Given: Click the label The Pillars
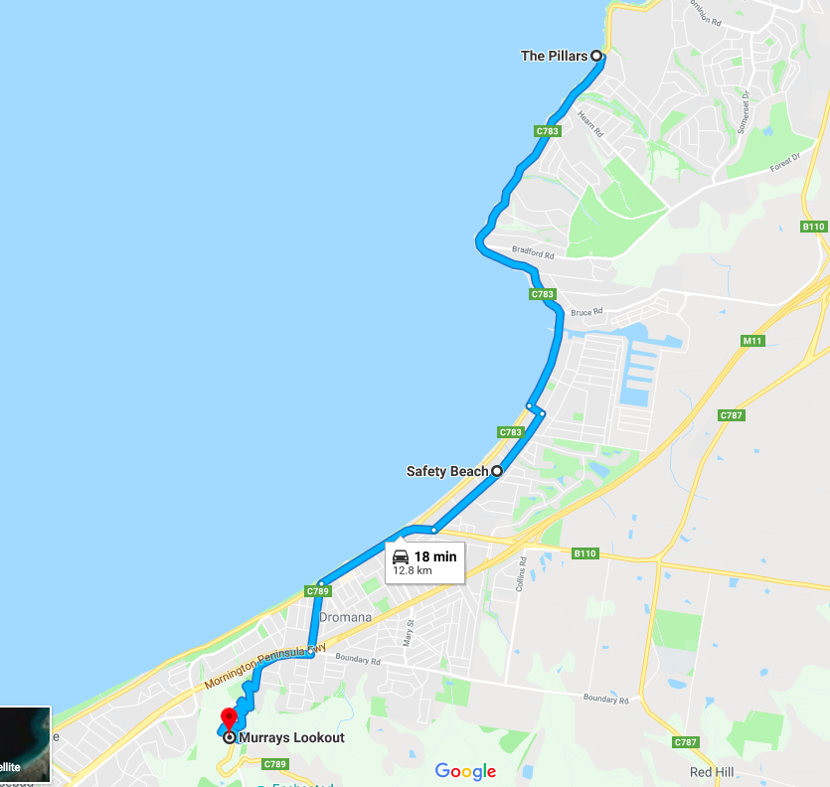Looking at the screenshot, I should pyautogui.click(x=554, y=57).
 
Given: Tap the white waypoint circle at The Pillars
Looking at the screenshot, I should pyautogui.click(x=597, y=57).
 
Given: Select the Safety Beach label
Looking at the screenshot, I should pyautogui.click(x=446, y=471).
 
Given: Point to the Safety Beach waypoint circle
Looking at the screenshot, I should pyautogui.click(x=495, y=471).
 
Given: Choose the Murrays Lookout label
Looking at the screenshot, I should pyautogui.click(x=291, y=737).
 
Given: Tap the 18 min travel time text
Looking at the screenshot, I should pyautogui.click(x=435, y=556).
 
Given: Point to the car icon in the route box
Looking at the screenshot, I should pyautogui.click(x=401, y=556).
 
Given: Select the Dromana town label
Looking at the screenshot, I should pyautogui.click(x=345, y=617).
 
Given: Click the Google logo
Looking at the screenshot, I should pyautogui.click(x=465, y=771).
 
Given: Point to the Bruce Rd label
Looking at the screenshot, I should pyautogui.click(x=586, y=312).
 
